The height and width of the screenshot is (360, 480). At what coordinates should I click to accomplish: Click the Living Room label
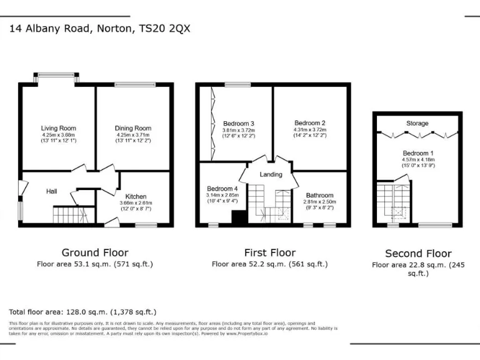(x=58, y=128)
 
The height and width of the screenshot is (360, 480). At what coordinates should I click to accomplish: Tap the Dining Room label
(x=133, y=128)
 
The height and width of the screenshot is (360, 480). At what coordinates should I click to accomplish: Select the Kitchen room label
(x=136, y=196)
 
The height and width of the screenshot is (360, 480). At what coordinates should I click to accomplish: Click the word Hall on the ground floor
(x=52, y=191)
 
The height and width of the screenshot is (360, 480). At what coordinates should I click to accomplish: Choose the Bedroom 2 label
(x=310, y=123)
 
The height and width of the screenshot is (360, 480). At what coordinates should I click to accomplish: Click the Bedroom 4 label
(x=222, y=188)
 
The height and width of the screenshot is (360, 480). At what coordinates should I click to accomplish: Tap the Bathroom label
(x=319, y=195)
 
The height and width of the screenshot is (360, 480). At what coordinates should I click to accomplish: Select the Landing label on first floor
(x=271, y=174)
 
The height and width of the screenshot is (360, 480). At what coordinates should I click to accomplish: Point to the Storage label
(x=417, y=124)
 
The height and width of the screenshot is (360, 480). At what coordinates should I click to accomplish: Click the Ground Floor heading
(x=95, y=252)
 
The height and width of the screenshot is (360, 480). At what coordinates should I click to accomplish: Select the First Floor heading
(x=269, y=252)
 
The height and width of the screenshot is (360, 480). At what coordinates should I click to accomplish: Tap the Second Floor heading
(x=417, y=254)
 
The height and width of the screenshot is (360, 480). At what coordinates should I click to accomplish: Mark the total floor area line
(x=82, y=311)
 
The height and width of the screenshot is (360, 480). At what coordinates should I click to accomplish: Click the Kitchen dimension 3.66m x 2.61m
(x=136, y=202)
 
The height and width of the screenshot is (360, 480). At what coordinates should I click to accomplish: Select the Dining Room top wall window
(x=134, y=84)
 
